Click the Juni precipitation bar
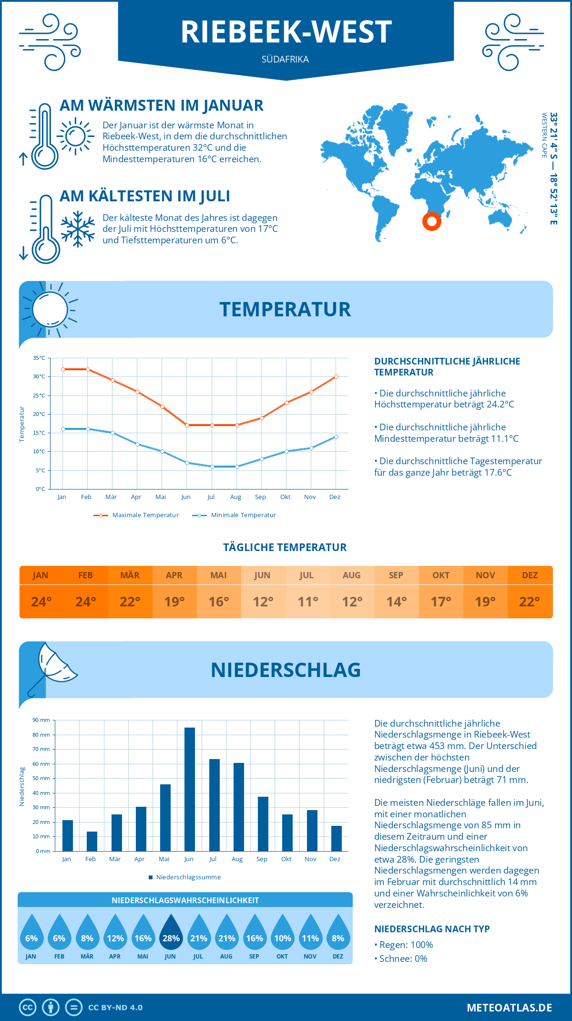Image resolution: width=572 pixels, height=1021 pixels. [x=189, y=789]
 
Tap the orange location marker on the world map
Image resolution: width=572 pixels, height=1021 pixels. [x=432, y=221]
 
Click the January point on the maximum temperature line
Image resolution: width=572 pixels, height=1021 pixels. [x=63, y=369]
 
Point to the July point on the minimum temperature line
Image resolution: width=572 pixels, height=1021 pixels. [x=212, y=467]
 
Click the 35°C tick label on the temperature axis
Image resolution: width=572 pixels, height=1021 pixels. [x=39, y=358]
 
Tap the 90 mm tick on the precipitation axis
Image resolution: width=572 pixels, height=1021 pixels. [x=41, y=720]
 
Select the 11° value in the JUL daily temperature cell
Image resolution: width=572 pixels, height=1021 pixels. [x=307, y=602]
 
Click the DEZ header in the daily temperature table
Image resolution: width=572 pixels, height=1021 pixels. [x=530, y=575]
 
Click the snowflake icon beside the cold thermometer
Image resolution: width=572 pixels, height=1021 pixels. [x=78, y=229]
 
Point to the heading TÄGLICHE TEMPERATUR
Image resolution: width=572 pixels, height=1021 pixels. [x=285, y=547]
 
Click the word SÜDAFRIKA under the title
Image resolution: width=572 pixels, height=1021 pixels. [x=285, y=59]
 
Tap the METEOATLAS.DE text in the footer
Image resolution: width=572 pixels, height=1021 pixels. [x=509, y=1008]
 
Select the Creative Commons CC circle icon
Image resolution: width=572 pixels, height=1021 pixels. [x=28, y=1008]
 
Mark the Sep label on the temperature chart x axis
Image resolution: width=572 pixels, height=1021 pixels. [x=260, y=497]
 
